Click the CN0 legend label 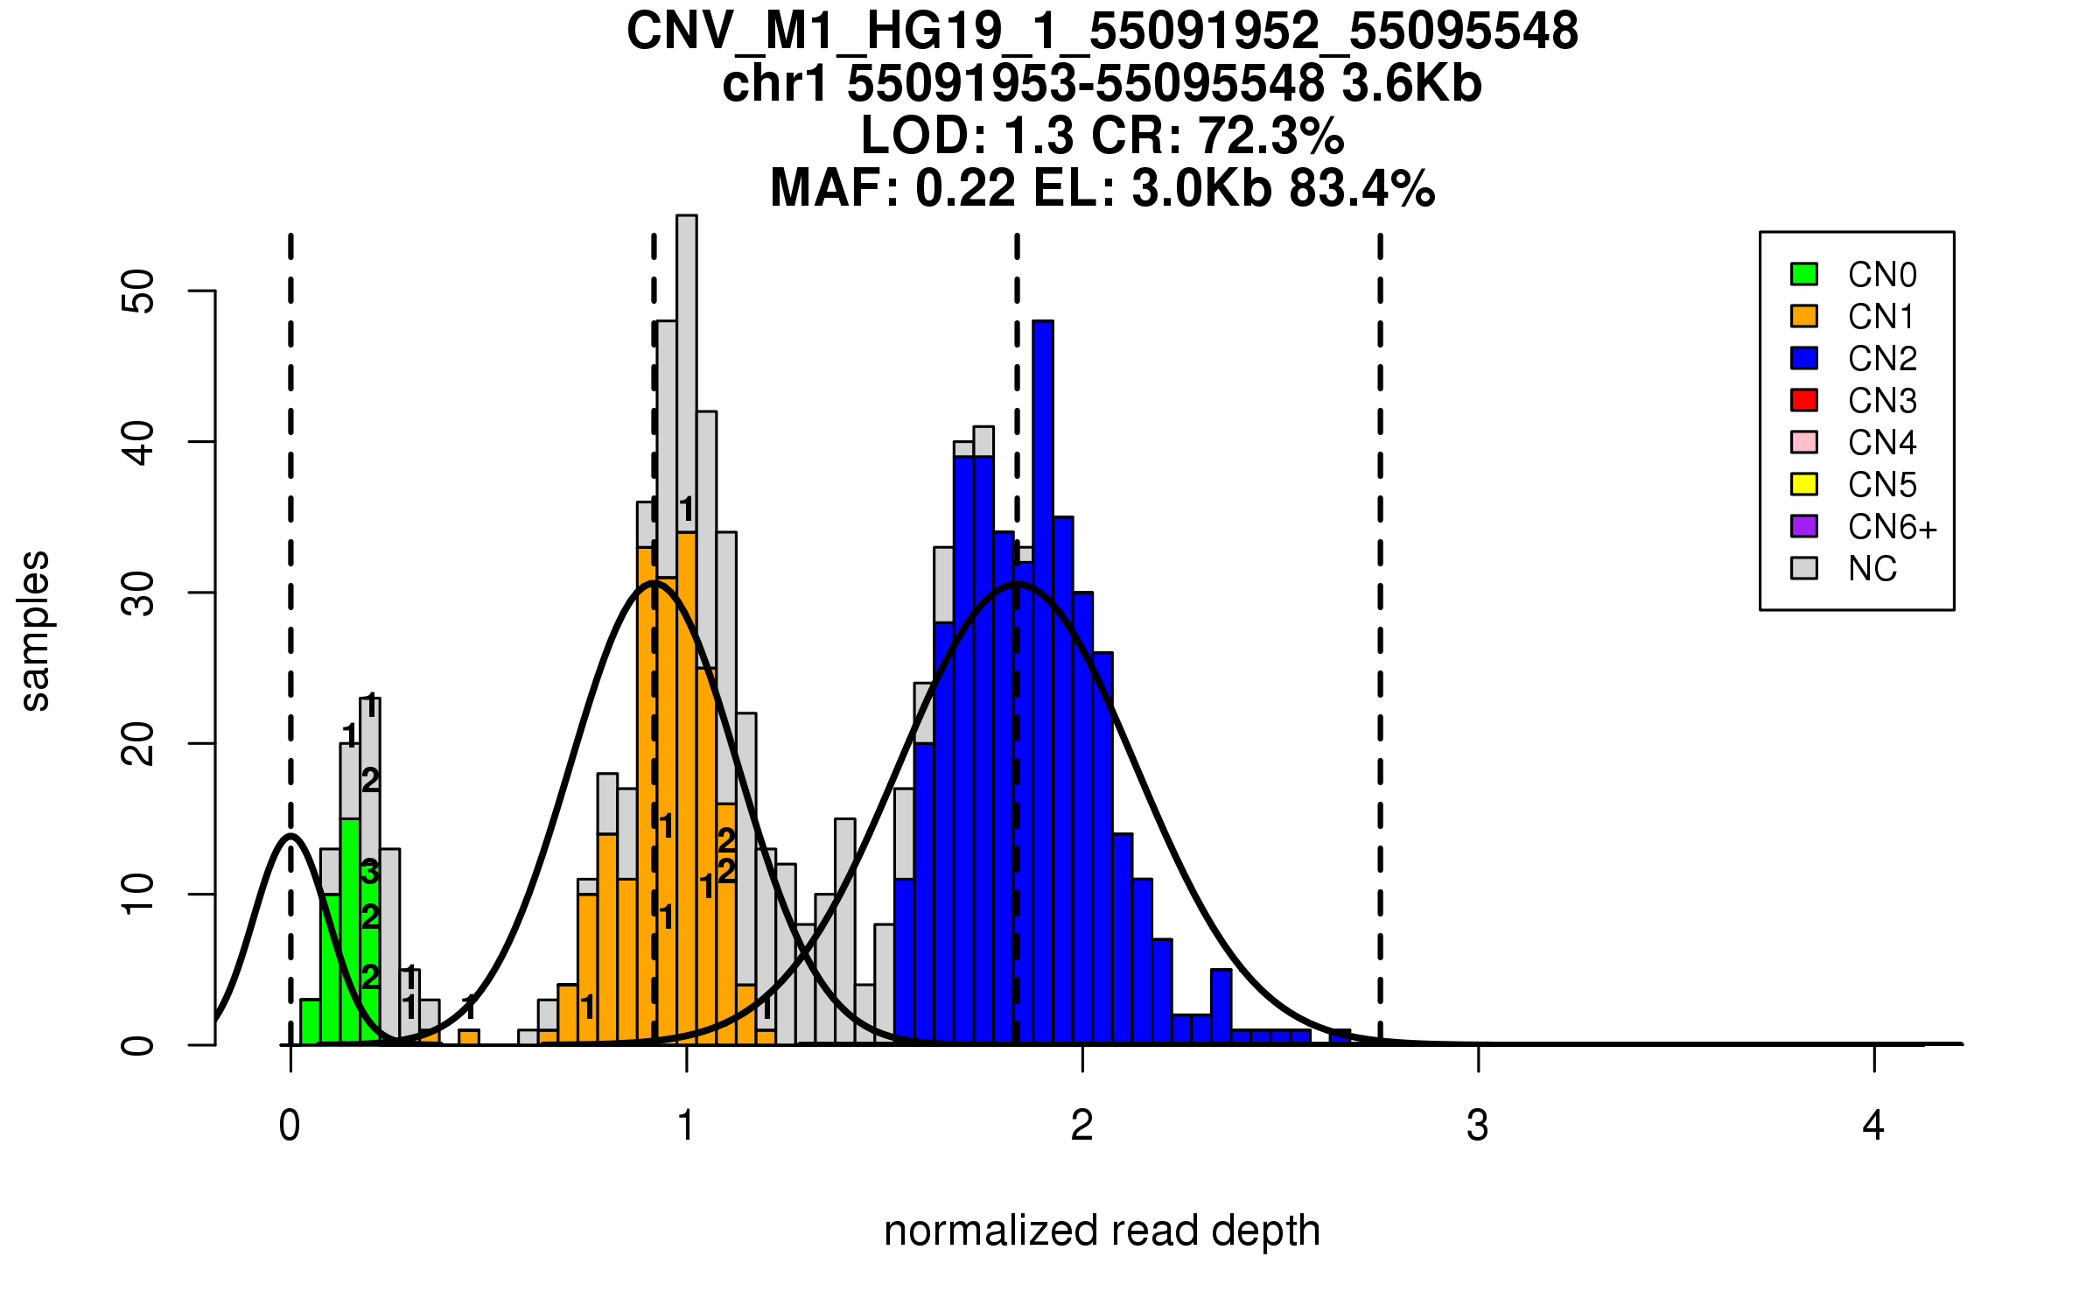coord(1882,275)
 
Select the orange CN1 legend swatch coord(1804,316)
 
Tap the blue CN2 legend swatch coord(1804,358)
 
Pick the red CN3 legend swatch coord(1804,400)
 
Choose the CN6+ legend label coord(1893,527)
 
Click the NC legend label coord(1872,569)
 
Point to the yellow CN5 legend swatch coord(1804,484)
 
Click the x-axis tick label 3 coord(1478,1126)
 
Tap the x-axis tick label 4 coord(1873,1126)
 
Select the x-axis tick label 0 coord(290,1126)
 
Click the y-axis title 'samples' coord(35,630)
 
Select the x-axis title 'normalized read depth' coord(1102,1231)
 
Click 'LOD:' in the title coord(924,136)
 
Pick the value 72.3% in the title coord(1270,136)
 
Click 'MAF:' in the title coord(835,188)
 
